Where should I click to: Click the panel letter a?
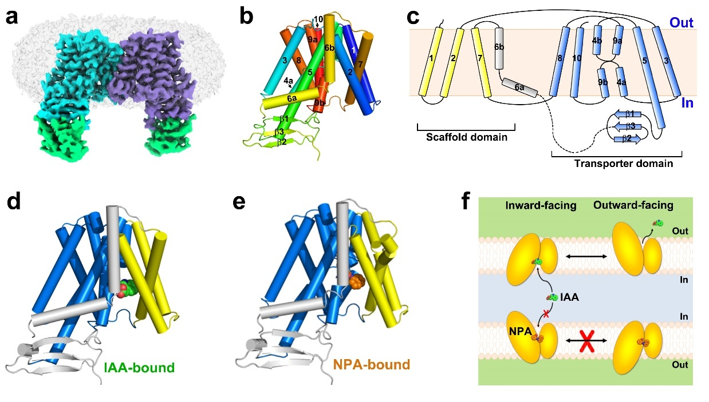pos(11,17)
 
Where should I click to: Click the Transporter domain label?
pos(623,164)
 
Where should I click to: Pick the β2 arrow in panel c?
pos(627,138)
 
